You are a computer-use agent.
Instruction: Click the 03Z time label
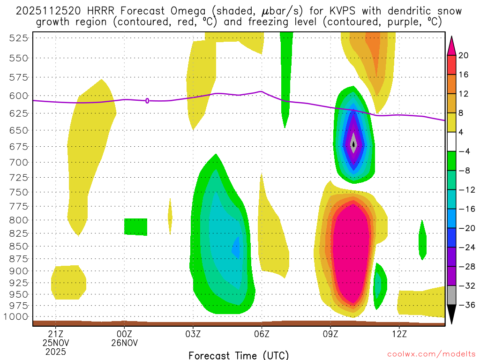[x=193, y=334]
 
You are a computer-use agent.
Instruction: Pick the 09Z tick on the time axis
[x=330, y=334]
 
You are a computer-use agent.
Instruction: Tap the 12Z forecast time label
[x=399, y=334]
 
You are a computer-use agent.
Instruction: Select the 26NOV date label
[x=124, y=343]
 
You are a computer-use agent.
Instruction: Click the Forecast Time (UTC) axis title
[x=239, y=355]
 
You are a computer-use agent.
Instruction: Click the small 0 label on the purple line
[x=147, y=101]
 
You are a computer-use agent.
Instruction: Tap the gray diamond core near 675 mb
[x=353, y=144]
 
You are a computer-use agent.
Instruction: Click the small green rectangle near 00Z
[x=136, y=227]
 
